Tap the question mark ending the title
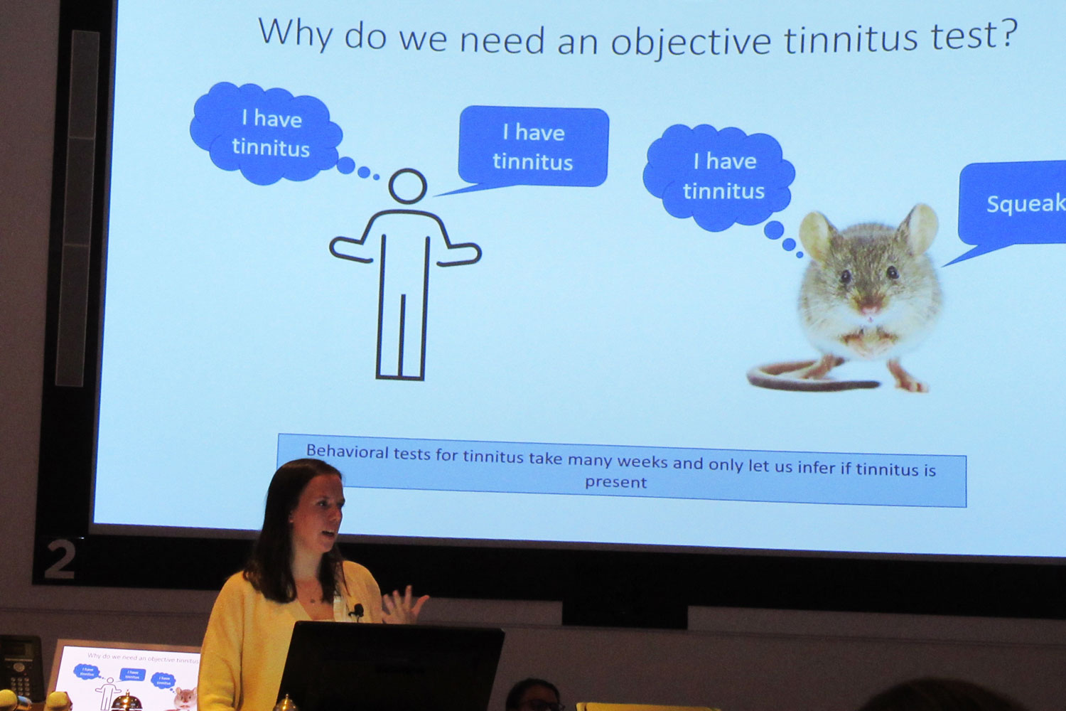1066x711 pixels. point(1008,33)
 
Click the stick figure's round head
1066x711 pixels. point(408,186)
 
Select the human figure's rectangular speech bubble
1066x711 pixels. point(534,146)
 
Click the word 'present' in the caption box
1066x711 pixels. point(615,482)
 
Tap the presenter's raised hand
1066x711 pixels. point(403,605)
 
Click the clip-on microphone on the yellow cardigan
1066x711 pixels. point(357,610)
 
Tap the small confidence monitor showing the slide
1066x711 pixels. point(128,676)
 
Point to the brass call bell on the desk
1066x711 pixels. point(126,702)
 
